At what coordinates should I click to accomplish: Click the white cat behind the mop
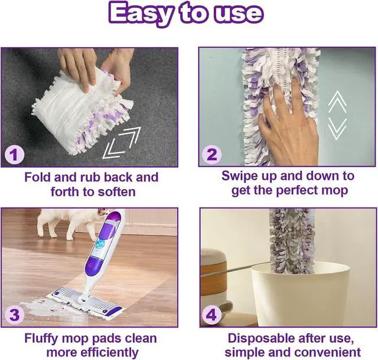59,222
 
